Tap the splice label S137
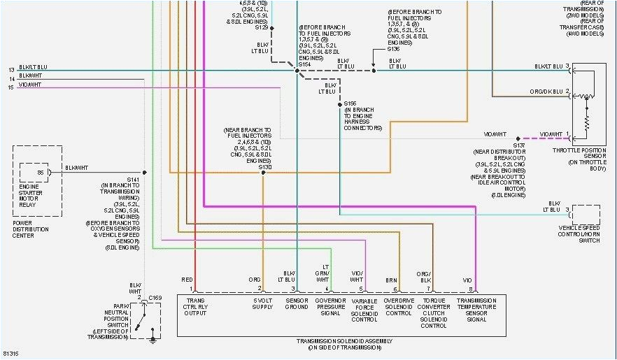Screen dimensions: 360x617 pos(518,145)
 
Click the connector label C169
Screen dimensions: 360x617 pos(155,298)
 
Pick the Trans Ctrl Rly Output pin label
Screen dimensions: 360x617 pos(197,307)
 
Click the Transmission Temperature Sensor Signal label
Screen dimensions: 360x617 pos(476,310)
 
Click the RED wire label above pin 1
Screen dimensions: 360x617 pos(187,279)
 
